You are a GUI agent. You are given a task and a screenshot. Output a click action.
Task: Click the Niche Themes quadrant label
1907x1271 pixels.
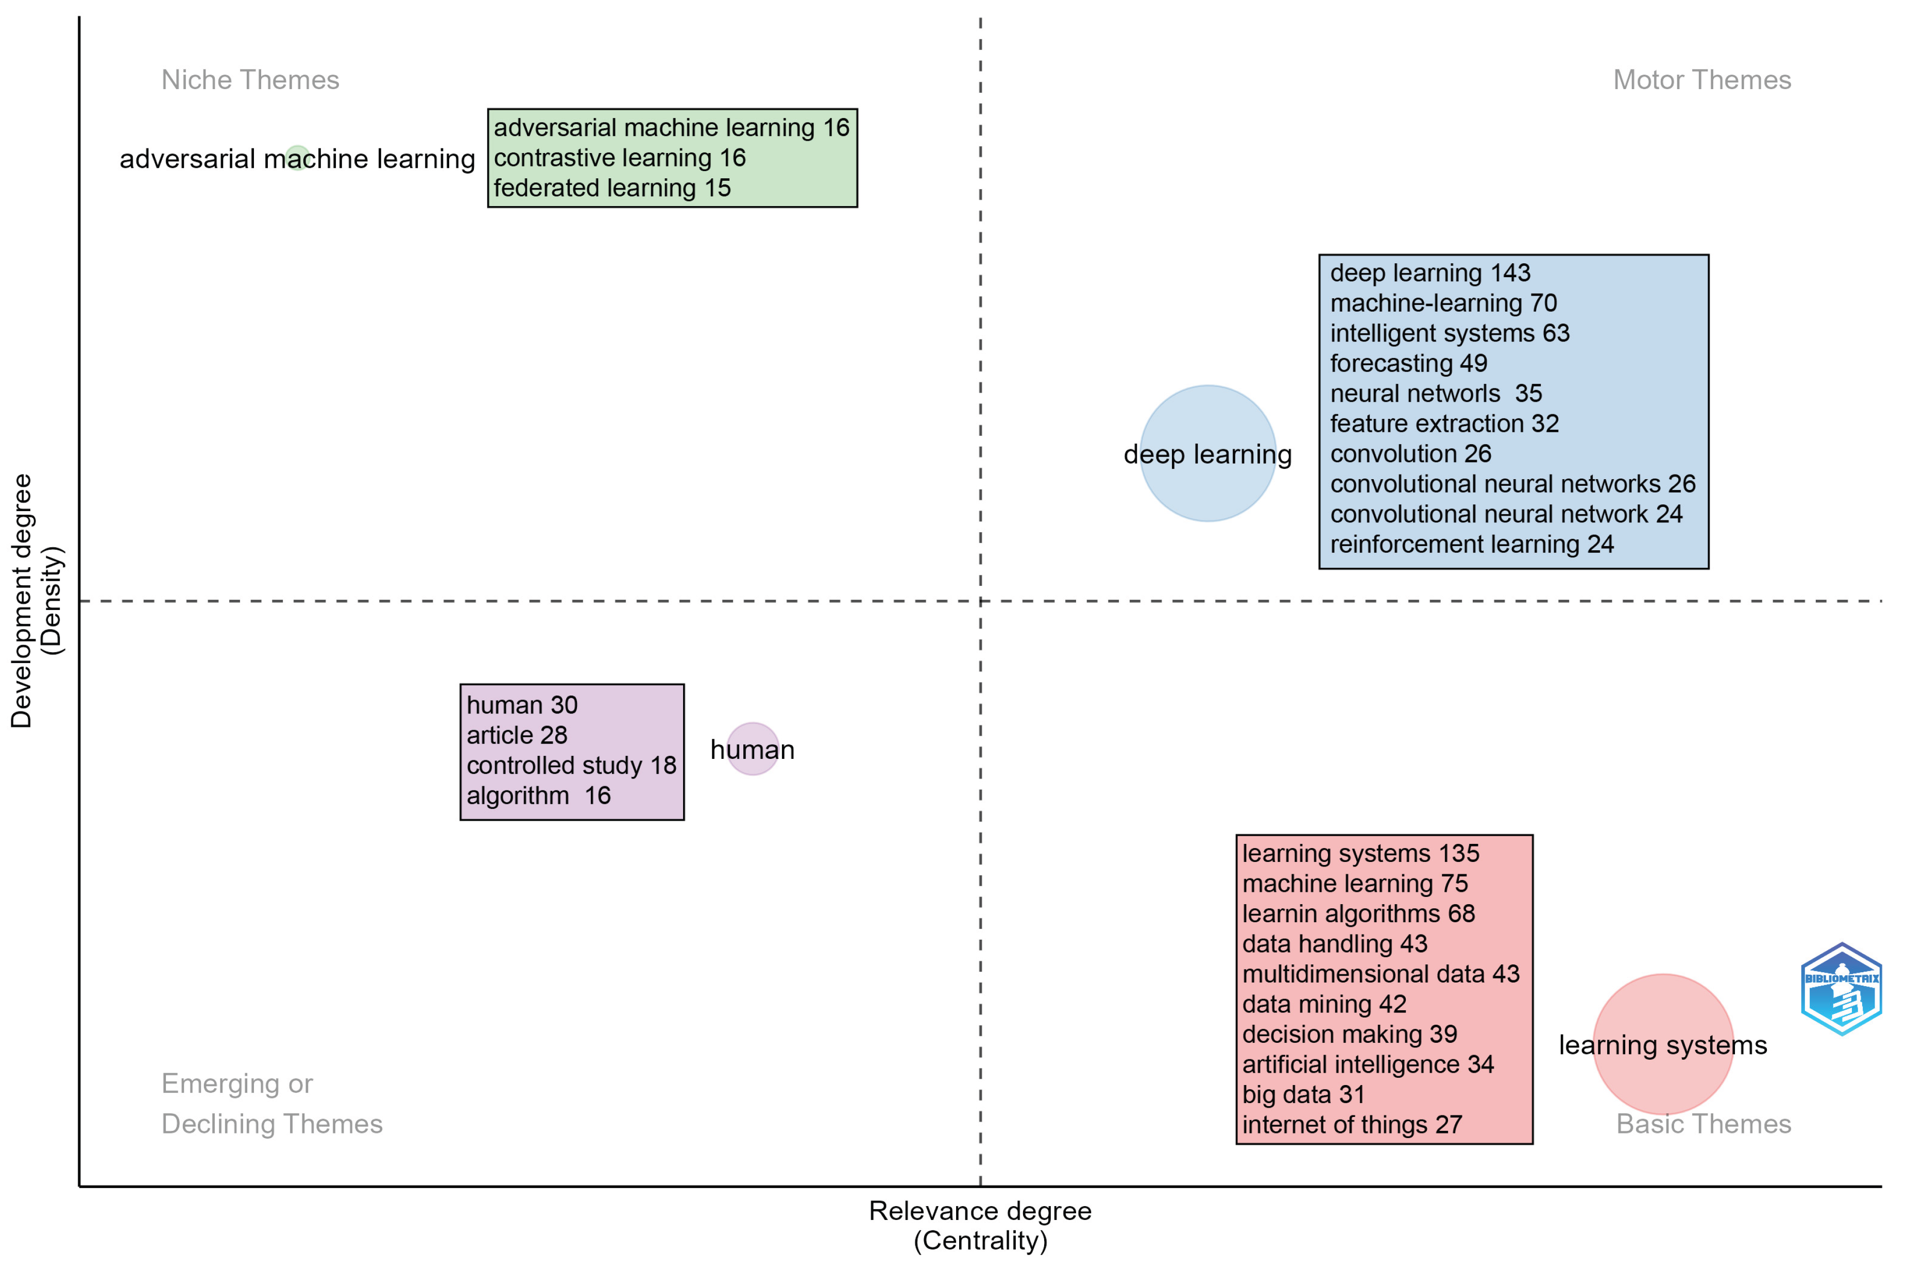(250, 79)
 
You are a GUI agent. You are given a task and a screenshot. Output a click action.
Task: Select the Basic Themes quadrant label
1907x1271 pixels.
(1703, 1124)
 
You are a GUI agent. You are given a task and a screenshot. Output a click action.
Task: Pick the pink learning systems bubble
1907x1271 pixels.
(1662, 1078)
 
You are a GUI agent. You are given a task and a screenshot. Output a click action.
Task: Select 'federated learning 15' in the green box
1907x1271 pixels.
(612, 188)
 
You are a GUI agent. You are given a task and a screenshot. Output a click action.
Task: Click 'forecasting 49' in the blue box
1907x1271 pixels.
(1408, 363)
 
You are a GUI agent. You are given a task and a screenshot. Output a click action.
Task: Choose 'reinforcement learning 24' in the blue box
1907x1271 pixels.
(1471, 544)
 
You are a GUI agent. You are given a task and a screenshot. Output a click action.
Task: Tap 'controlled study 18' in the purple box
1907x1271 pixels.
(571, 765)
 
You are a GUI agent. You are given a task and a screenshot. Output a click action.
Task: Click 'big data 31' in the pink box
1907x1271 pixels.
(1303, 1094)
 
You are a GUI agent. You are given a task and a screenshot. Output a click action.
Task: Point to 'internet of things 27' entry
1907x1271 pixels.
(1352, 1124)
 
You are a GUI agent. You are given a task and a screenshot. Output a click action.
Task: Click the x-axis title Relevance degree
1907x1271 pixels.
(980, 1211)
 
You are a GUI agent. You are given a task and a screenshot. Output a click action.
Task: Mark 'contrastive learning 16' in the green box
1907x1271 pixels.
(619, 157)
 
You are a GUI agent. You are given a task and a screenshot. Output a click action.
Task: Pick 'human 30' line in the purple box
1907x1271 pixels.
(521, 704)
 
